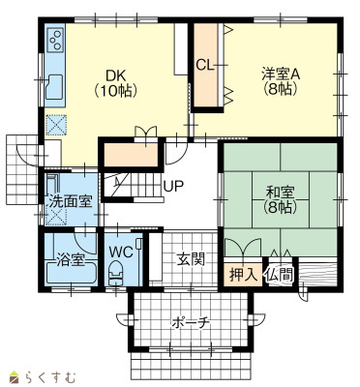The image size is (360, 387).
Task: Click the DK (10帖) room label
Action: click(116, 83)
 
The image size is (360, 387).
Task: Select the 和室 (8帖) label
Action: click(280, 200)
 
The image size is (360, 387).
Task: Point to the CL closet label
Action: click(205, 66)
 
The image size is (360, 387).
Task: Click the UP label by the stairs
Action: click(173, 186)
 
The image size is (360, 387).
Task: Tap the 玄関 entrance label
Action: click(191, 259)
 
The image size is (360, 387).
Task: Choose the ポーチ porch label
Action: click(191, 323)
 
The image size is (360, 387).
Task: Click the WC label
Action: click(121, 253)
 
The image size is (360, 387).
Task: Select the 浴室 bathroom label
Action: click(71, 260)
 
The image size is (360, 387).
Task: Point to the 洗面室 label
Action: click(71, 202)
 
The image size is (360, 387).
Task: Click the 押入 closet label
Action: click(244, 275)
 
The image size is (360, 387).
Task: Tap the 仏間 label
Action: click(280, 275)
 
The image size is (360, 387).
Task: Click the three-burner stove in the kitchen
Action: click(55, 40)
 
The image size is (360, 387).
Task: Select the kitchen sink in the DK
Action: click(55, 87)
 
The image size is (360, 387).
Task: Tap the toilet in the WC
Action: click(115, 273)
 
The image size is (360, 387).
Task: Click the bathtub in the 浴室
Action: click(71, 274)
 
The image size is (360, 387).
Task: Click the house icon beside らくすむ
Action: click(15, 376)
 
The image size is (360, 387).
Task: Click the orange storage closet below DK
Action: click(131, 154)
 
